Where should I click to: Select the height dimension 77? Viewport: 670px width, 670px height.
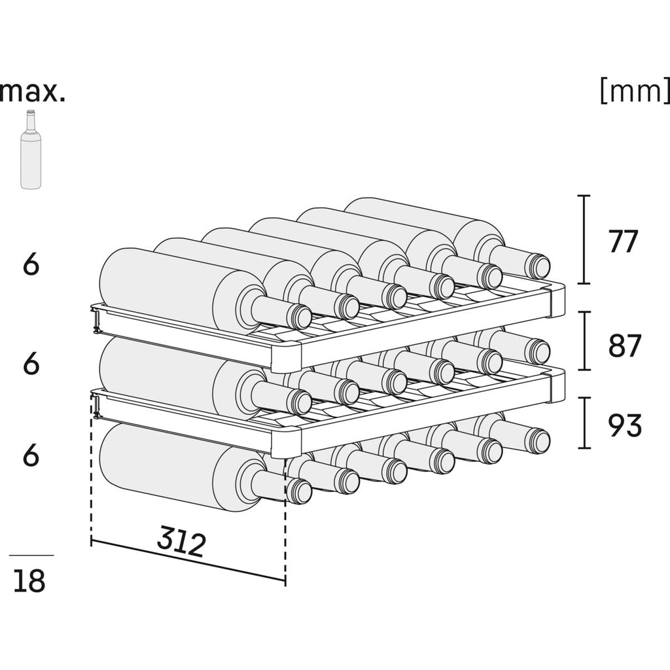[x=622, y=242]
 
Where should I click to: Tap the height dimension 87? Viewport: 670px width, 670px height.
[x=625, y=346]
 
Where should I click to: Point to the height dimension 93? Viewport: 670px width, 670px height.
[x=625, y=426]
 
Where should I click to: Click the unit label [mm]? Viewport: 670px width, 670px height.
[x=633, y=92]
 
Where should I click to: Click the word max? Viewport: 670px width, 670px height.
[x=33, y=92]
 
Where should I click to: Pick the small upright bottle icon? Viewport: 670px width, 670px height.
[x=30, y=150]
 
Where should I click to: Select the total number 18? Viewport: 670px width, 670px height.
[x=29, y=580]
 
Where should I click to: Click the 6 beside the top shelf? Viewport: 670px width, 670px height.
[x=31, y=265]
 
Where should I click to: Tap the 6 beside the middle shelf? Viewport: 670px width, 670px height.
[x=31, y=364]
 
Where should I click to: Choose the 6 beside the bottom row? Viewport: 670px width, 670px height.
[x=31, y=455]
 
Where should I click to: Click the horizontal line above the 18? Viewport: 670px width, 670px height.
[x=31, y=555]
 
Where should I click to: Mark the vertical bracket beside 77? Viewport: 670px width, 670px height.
[x=585, y=239]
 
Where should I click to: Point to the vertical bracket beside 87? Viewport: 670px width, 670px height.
[x=585, y=341]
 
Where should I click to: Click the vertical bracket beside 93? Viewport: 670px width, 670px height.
[x=585, y=423]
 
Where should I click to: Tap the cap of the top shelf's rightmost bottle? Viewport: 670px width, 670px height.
[x=540, y=266]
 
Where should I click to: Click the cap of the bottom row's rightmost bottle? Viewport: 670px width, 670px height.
[x=540, y=440]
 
